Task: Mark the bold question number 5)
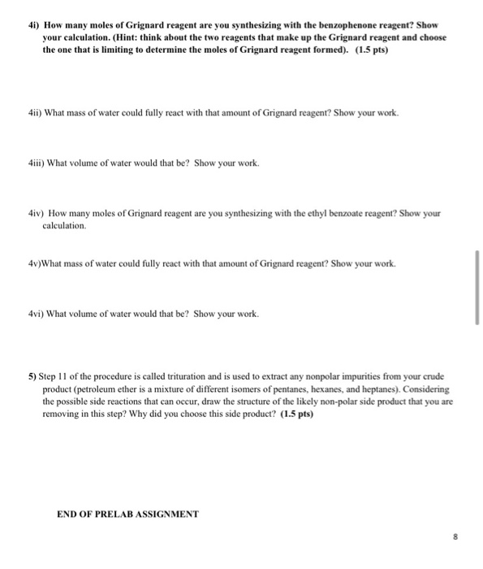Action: pos(32,378)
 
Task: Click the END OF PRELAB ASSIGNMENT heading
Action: pos(127,514)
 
